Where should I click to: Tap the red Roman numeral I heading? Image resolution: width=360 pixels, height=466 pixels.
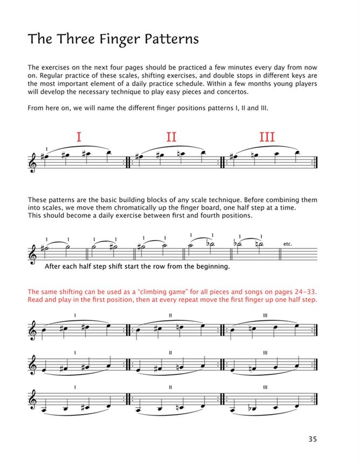(x=79, y=137)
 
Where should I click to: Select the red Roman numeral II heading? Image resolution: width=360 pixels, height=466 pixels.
(x=171, y=137)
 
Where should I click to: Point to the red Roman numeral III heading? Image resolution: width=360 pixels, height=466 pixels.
(x=267, y=137)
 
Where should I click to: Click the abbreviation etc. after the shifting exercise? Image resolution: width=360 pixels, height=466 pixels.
(x=287, y=244)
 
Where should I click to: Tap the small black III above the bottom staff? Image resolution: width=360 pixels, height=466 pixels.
(x=266, y=387)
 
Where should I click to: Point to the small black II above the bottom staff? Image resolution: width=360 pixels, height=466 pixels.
(x=171, y=387)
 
